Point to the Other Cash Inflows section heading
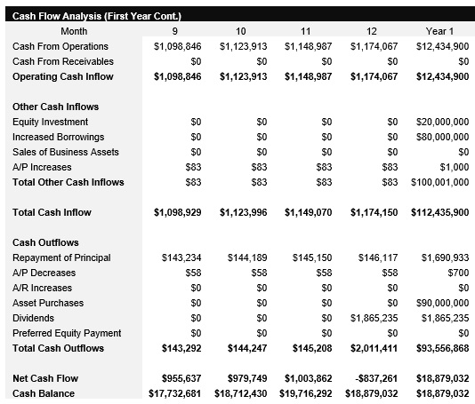click(x=55, y=107)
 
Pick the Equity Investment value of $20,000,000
click(x=442, y=122)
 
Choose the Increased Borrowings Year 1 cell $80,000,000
click(x=442, y=137)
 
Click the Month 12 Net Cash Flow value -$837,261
click(x=374, y=378)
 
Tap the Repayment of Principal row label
click(x=61, y=257)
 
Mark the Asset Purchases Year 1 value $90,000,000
click(x=442, y=303)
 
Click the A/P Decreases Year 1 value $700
click(x=457, y=273)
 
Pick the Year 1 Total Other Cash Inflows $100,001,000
click(x=439, y=182)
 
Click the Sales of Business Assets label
click(x=66, y=152)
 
